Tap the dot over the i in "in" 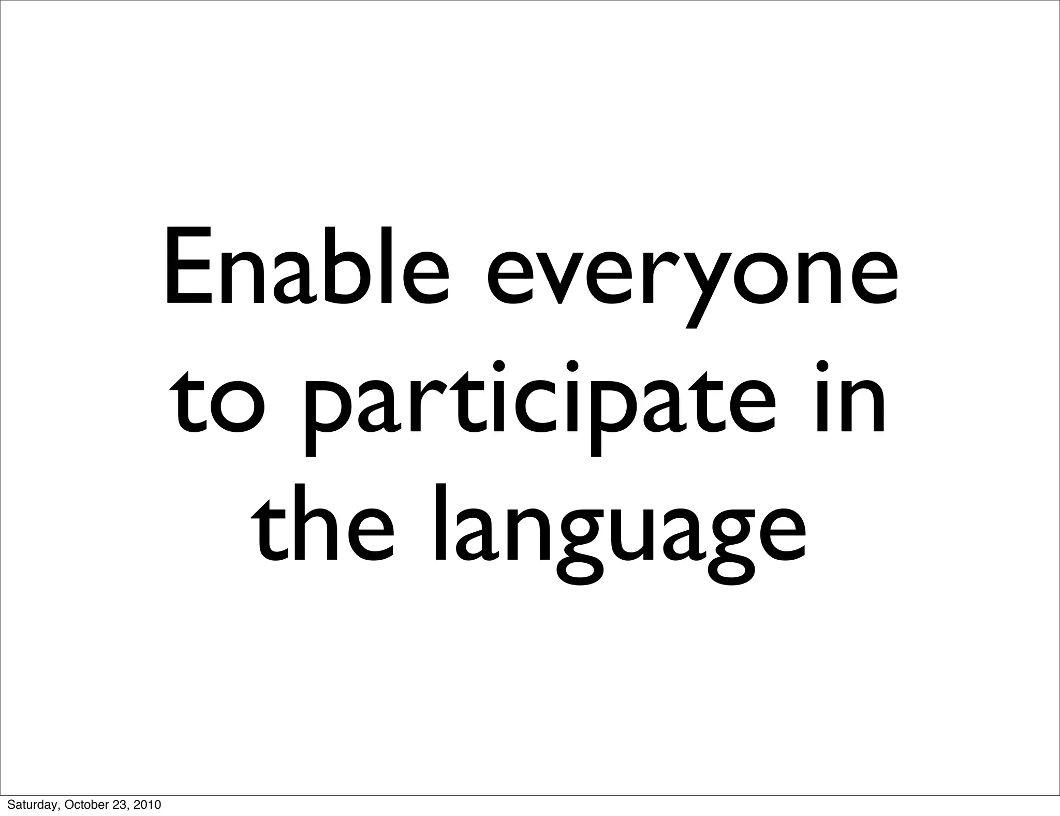coord(822,366)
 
